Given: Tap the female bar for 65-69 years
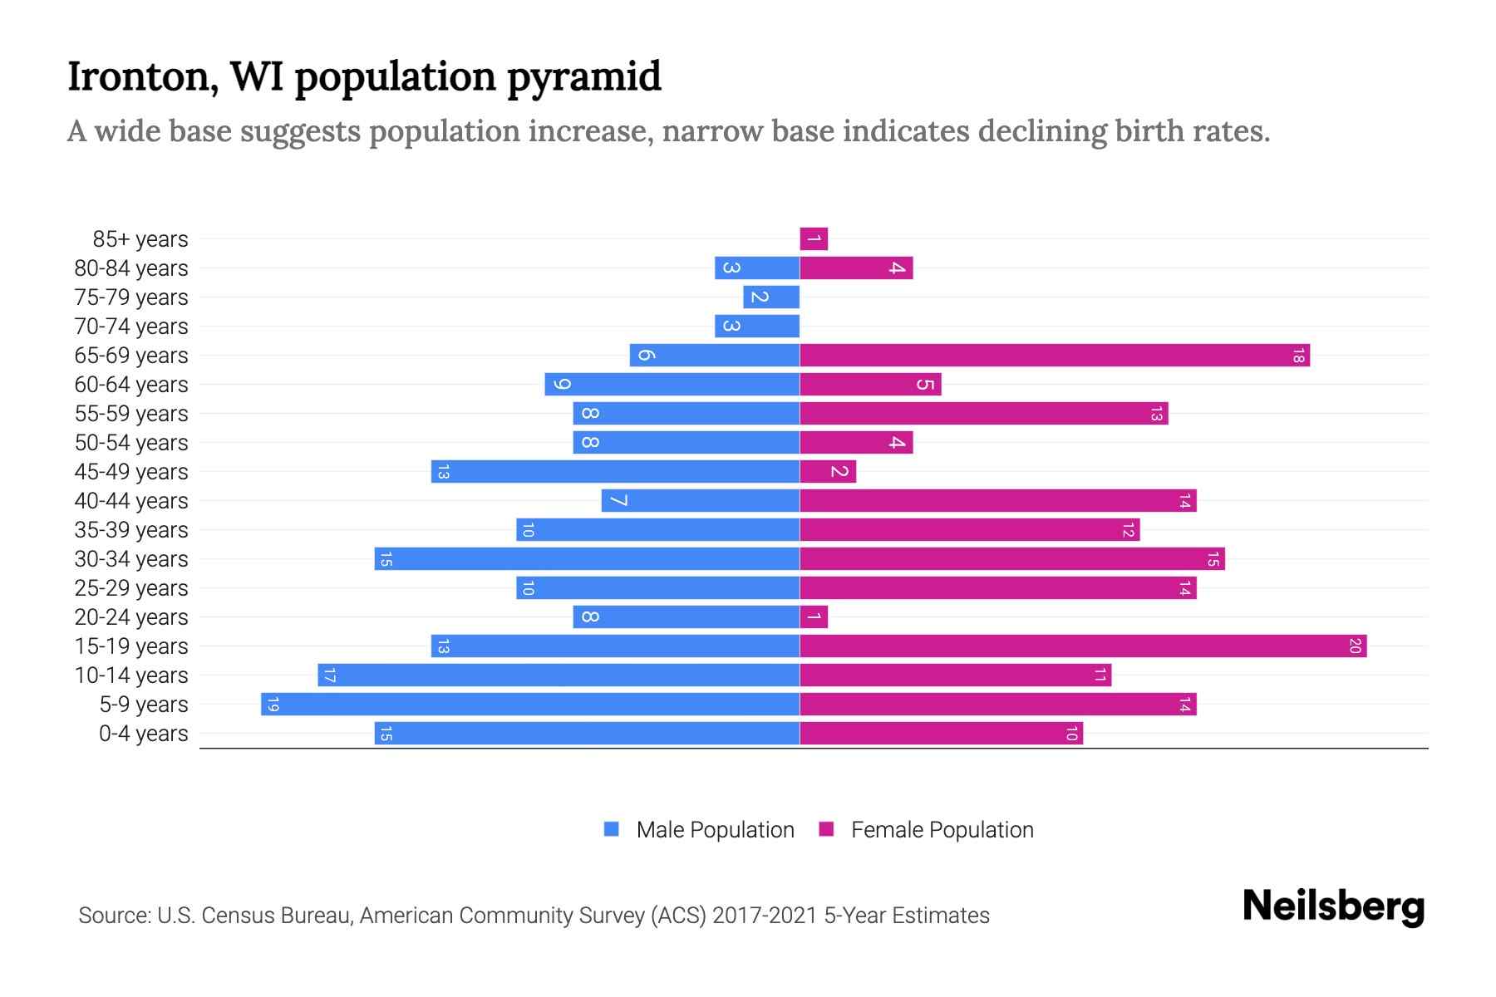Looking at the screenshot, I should [1055, 356].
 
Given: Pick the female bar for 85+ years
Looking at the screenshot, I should [814, 239].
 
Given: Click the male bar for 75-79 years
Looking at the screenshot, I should [771, 297].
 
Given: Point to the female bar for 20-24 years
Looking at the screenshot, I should [814, 617].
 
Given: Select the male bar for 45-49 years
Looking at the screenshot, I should [615, 472].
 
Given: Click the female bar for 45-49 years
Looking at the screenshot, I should [828, 472].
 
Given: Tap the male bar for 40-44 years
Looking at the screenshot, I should [701, 501].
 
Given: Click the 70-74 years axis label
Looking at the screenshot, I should [131, 327].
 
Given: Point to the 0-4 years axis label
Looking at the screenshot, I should [143, 734].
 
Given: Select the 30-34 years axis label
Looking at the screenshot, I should [131, 559].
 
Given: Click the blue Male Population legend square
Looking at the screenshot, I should [612, 829].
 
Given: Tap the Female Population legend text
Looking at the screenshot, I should [942, 830].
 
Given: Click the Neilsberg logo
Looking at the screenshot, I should [1333, 906].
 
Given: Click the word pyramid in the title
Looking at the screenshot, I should [583, 77].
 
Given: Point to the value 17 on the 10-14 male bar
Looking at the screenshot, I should [329, 675].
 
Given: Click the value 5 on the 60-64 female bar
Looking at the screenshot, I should [925, 385].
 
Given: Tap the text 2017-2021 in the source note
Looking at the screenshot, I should [765, 916].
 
